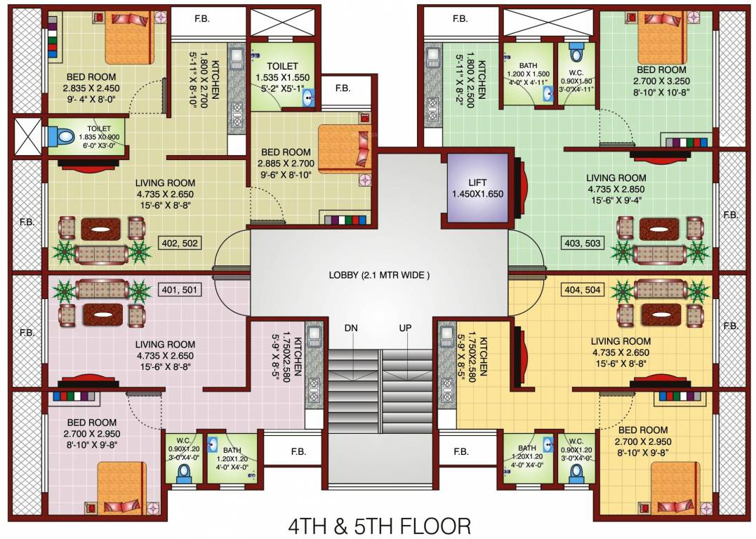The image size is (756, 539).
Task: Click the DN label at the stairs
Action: tap(352, 328)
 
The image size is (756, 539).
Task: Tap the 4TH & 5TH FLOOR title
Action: tap(379, 525)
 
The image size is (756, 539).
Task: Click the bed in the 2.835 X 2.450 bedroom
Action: tap(128, 39)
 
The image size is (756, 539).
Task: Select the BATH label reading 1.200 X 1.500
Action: tap(528, 73)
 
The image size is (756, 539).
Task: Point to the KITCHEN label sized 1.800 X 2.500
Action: tap(482, 79)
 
